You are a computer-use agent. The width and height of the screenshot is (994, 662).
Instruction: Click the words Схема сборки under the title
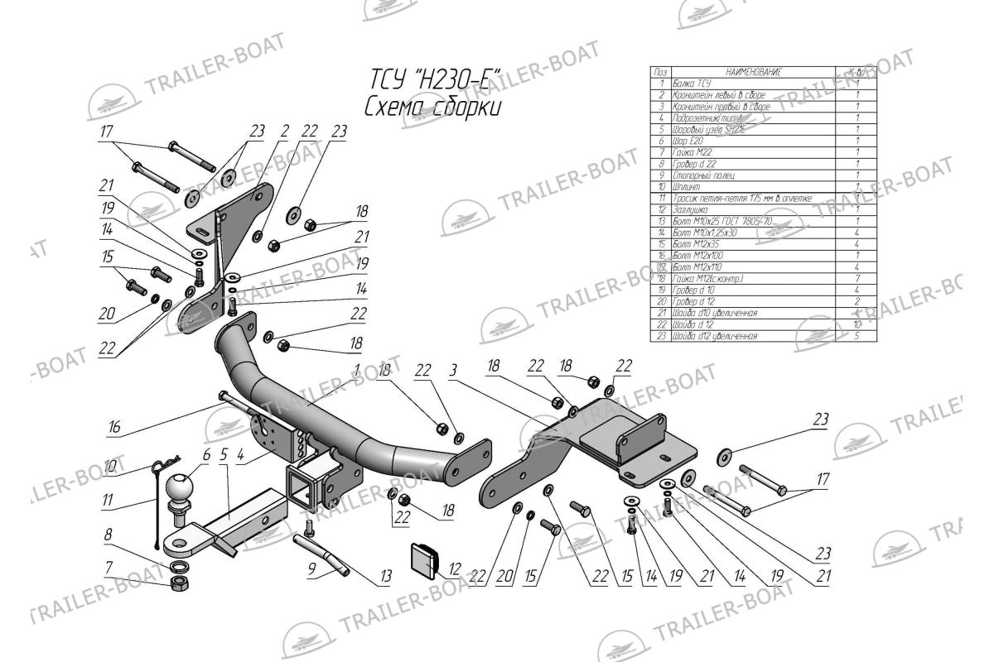(432, 108)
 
